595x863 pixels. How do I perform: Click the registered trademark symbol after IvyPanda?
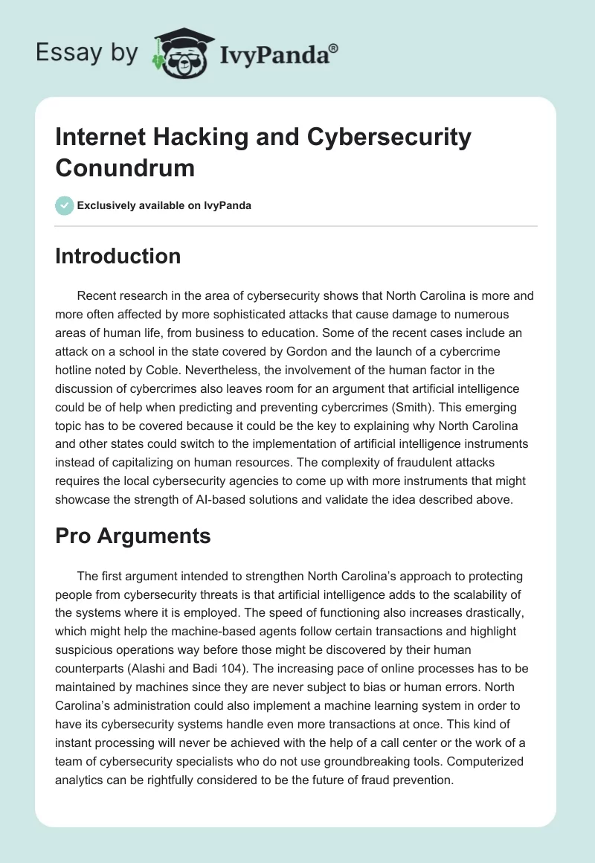pos(334,49)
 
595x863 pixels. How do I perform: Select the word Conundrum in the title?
pos(125,167)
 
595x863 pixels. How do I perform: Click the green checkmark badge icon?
pos(65,205)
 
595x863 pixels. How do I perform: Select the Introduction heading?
pos(118,257)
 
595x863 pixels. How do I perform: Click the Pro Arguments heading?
pos(133,536)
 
